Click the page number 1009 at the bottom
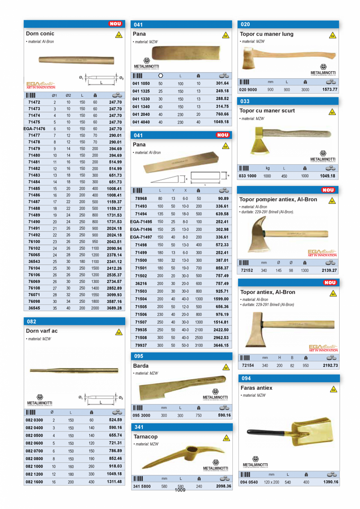[x=180, y=490]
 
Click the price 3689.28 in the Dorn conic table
[x=114, y=308]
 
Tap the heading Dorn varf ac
[x=42, y=331]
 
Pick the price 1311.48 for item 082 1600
[x=114, y=482]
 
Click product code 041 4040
[x=141, y=122]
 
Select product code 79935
[x=141, y=330]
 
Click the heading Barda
[x=141, y=366]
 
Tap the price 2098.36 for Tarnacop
[x=223, y=486]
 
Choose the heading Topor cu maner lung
[x=266, y=34]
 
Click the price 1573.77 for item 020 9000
[x=329, y=89]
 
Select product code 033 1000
[x=248, y=176]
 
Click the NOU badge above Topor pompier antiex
[x=329, y=190]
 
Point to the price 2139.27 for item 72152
[x=329, y=270]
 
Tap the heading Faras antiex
[x=256, y=388]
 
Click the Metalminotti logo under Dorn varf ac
[x=40, y=399]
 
